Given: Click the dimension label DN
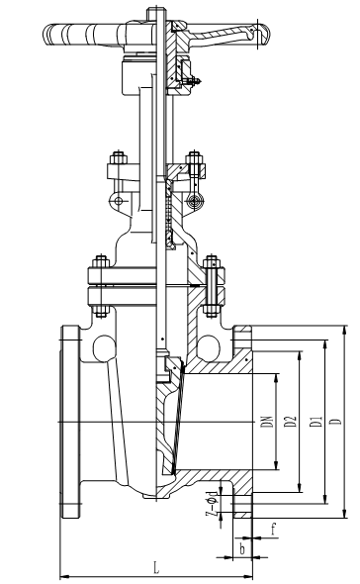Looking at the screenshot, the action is pos(267,422).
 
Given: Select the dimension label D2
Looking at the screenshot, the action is pos(291,422).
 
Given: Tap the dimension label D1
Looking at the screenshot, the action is pos(316,422).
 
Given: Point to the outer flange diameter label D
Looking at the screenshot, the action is pos(336,422).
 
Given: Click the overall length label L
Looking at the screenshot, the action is pos(156,567).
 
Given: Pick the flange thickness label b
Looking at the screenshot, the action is pos(242,549).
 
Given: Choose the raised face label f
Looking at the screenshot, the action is pos(273,529).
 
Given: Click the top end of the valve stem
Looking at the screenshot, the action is pos(155,8).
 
